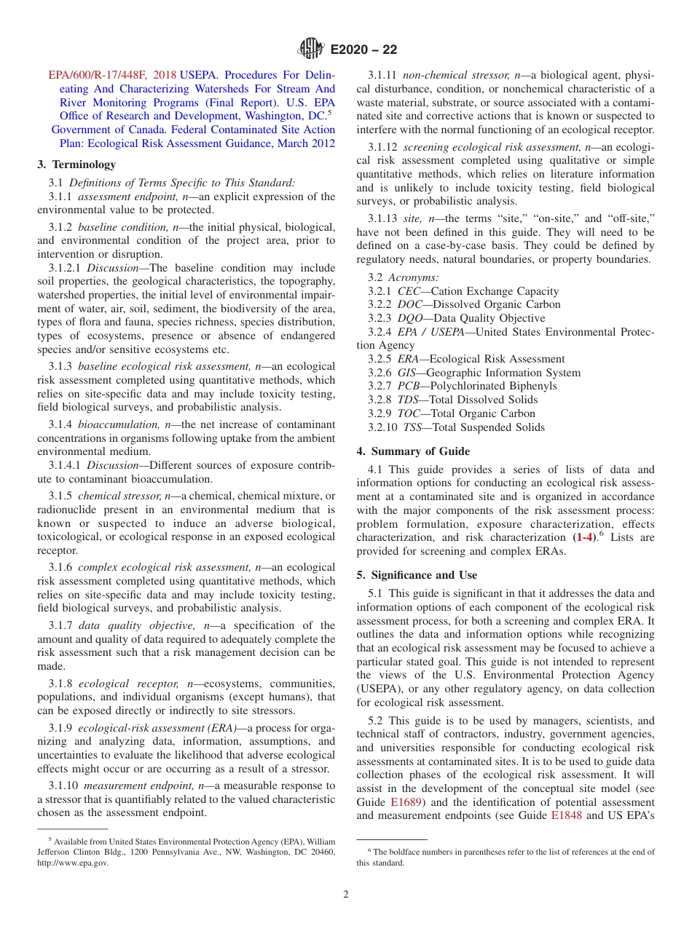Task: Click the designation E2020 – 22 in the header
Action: click(363, 50)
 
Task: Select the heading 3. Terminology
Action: click(76, 165)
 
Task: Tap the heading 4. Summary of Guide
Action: click(413, 451)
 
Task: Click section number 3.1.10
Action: click(64, 785)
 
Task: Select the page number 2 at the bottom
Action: click(346, 895)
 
